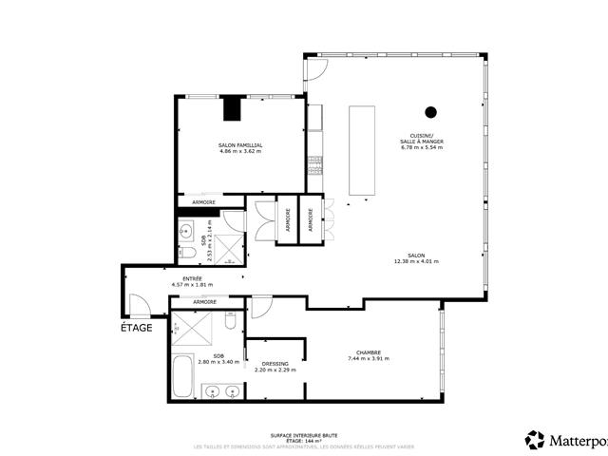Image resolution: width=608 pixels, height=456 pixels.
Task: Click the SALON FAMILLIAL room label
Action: click(240, 145)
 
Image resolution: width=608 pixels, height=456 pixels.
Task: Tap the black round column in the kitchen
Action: click(430, 112)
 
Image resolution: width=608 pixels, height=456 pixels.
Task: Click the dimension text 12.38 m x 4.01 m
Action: click(416, 262)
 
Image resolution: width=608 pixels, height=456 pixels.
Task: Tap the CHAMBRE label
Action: click(369, 352)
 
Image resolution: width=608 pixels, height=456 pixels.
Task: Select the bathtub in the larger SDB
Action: click(183, 376)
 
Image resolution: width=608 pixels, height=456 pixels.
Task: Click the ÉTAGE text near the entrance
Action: click(136, 328)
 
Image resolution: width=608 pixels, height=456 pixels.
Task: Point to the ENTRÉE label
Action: click(192, 279)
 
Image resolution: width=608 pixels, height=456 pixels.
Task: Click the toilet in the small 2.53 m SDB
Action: click(186, 229)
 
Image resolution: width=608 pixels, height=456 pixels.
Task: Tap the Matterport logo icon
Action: click(535, 439)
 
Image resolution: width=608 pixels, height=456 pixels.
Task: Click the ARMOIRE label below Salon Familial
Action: click(203, 202)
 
